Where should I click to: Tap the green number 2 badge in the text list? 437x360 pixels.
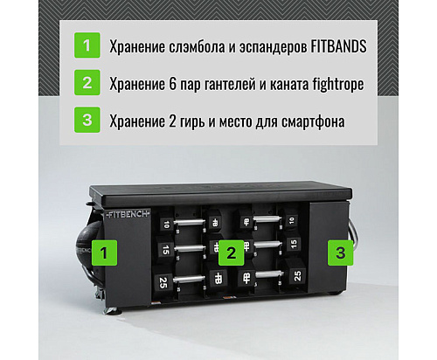(87, 83)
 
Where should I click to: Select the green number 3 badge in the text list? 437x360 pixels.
(87, 121)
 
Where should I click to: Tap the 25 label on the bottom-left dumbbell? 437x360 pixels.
(163, 281)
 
